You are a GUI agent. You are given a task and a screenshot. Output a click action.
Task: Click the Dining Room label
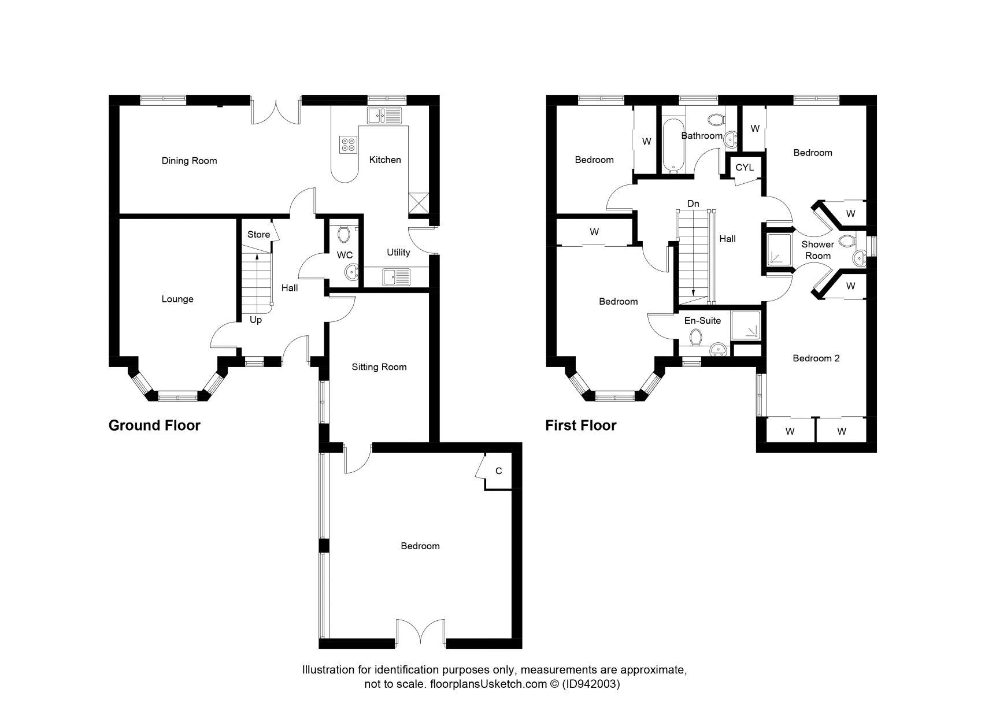tap(189, 161)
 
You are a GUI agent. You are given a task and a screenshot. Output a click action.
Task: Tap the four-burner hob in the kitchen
tap(348, 144)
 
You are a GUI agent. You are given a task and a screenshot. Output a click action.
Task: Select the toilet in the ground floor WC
tap(345, 235)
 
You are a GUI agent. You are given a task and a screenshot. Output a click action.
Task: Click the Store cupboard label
tap(258, 234)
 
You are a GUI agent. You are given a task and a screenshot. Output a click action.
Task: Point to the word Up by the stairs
tap(255, 320)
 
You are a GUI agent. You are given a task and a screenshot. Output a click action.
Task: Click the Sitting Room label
tap(379, 366)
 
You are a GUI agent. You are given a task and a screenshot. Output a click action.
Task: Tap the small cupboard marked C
tap(498, 471)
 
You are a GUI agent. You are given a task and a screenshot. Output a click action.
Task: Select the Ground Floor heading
tap(154, 425)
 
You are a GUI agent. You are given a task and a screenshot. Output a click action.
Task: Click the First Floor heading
tap(580, 425)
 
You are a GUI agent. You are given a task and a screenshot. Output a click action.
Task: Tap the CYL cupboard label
tap(745, 167)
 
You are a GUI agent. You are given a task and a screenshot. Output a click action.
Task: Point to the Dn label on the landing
tap(693, 203)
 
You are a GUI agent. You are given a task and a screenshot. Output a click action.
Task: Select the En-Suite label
tap(702, 320)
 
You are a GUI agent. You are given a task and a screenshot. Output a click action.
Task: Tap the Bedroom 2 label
tap(816, 358)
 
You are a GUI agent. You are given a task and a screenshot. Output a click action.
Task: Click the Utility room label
tap(398, 252)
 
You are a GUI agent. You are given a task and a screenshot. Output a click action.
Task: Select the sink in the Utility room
tap(396, 277)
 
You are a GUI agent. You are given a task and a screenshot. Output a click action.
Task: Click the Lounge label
tap(177, 299)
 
